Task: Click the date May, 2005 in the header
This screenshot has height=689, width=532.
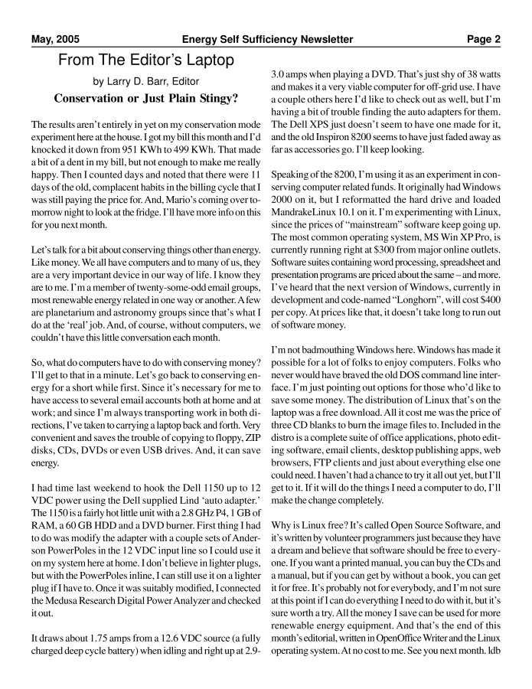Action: [x=55, y=39]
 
